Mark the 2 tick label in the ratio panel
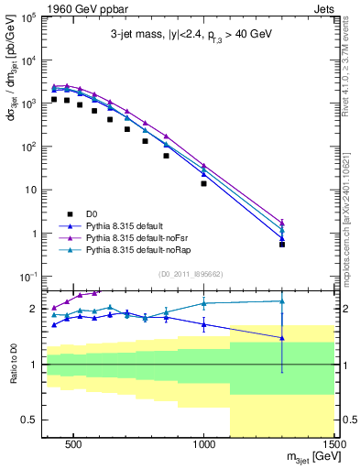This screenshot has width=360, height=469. click(x=38, y=309)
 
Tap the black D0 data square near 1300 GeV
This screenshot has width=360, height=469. click(x=282, y=244)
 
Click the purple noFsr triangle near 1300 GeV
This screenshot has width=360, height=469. click(x=282, y=222)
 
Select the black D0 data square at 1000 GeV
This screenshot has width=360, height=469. click(x=203, y=183)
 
